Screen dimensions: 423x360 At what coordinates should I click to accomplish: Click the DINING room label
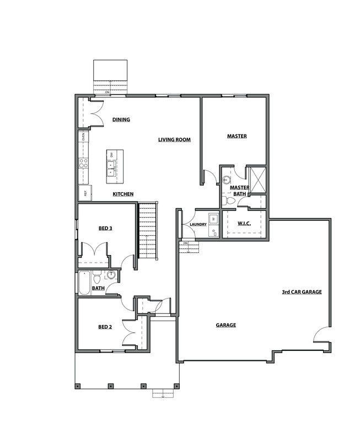[x=121, y=120]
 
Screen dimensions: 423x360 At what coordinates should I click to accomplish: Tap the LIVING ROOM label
[x=174, y=140]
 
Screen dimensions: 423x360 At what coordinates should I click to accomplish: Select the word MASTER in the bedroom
[x=237, y=136]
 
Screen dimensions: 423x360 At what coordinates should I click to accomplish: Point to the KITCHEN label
[x=122, y=194]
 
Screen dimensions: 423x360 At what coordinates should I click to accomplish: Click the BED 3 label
[x=105, y=228]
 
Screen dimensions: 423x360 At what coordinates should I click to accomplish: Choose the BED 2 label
[x=105, y=327]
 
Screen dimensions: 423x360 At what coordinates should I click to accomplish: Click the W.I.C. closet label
[x=244, y=224]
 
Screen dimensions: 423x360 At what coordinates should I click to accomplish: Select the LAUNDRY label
[x=197, y=225]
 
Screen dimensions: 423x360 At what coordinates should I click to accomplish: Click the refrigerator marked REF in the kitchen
[x=85, y=193]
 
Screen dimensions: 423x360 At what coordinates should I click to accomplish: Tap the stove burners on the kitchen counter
[x=84, y=163]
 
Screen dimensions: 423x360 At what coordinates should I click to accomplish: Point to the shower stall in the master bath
[x=256, y=177]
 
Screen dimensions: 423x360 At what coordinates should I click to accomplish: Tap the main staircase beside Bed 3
[x=148, y=231]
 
